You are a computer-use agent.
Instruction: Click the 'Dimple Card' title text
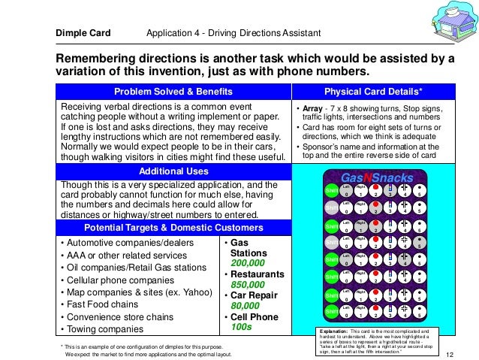(83, 33)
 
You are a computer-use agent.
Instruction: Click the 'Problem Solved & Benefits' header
(173, 92)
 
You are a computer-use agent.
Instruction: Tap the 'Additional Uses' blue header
(173, 171)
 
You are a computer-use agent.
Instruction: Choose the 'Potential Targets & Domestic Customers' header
(173, 227)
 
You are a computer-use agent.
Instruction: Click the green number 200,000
(248, 264)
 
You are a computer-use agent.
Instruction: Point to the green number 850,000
(248, 285)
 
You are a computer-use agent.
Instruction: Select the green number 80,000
(245, 306)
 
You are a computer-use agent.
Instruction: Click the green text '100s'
(242, 328)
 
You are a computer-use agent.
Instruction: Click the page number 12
(450, 354)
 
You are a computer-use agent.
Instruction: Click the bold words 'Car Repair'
(253, 295)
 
